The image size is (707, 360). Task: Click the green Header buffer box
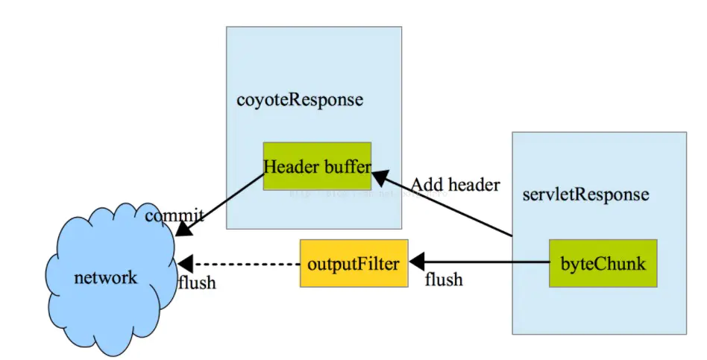[317, 165]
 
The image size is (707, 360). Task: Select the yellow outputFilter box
[353, 263]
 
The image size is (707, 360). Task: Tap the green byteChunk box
[603, 263]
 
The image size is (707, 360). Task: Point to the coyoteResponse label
[300, 100]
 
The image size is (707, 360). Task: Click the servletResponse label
[585, 195]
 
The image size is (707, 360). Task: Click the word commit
[174, 216]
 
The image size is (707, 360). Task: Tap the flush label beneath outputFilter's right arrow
[443, 280]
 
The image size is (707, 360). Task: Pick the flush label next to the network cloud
[197, 282]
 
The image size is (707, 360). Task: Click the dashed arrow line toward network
[246, 264]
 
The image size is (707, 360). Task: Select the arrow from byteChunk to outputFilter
[485, 263]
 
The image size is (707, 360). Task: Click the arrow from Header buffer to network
[224, 202]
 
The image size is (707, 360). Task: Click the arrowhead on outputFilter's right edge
[416, 263]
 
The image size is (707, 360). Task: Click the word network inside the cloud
[106, 278]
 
